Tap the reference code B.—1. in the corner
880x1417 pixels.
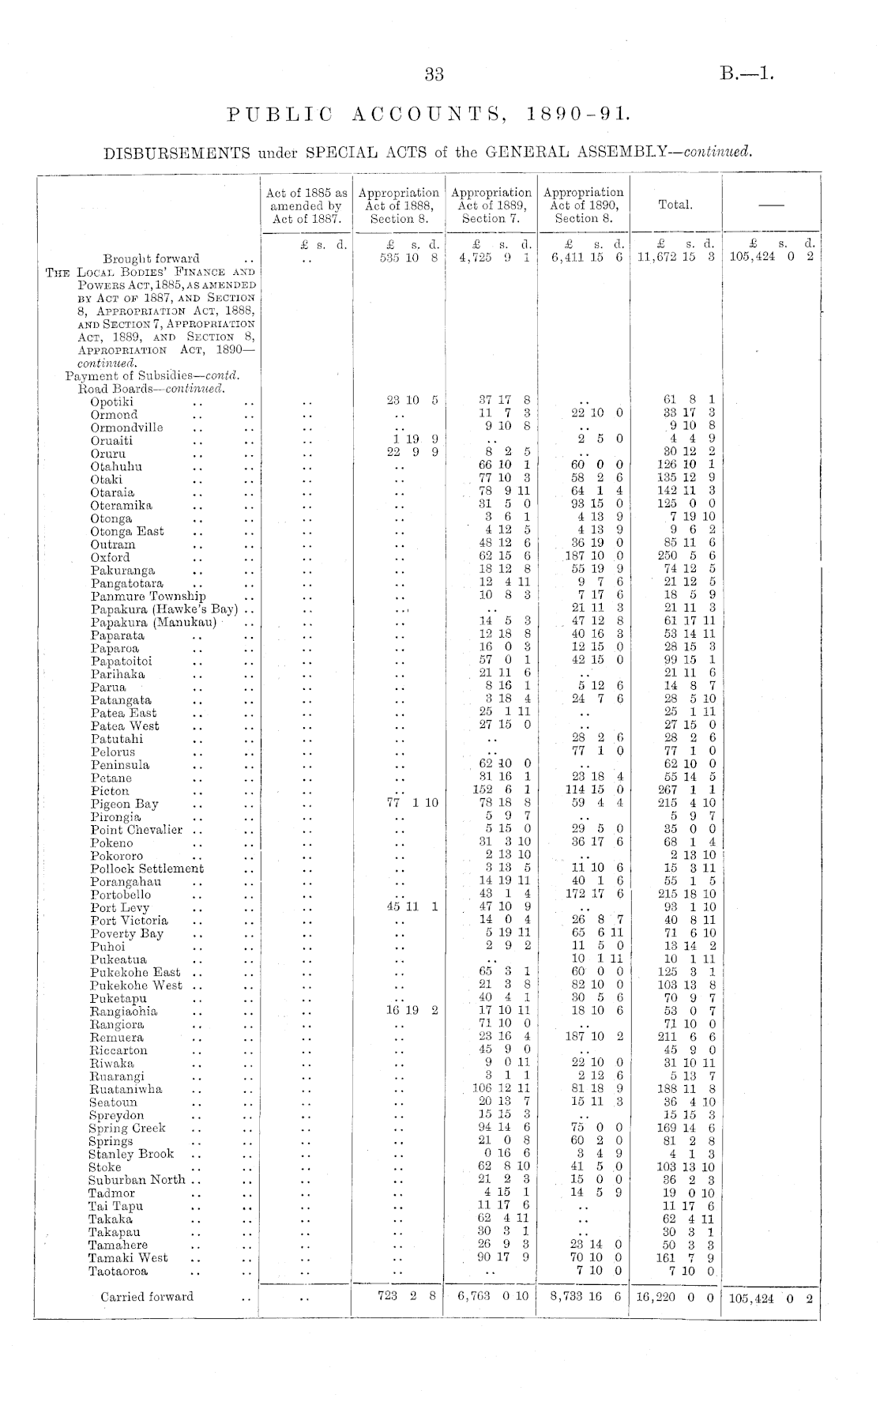click(746, 75)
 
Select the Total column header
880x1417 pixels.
click(675, 205)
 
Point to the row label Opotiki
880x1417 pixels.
click(111, 401)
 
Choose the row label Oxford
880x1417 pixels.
click(110, 557)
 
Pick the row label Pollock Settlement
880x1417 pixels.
click(147, 869)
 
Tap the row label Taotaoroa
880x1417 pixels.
click(118, 1271)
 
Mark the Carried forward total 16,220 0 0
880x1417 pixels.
click(676, 1298)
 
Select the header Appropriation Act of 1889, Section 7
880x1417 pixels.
click(491, 205)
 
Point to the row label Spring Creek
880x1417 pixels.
click(126, 1129)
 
